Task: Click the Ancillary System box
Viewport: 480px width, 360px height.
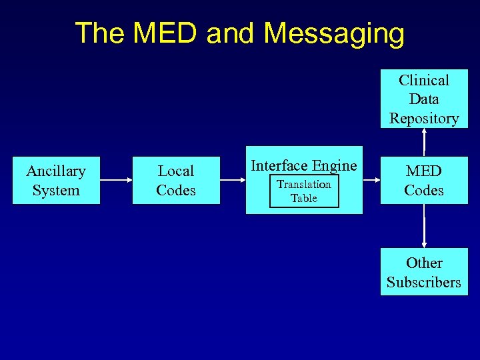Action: click(x=56, y=181)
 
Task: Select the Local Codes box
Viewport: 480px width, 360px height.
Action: click(x=176, y=181)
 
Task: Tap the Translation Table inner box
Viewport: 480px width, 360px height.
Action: click(x=304, y=191)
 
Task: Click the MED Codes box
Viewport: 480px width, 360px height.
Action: click(x=424, y=181)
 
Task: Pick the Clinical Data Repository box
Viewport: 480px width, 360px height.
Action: click(x=424, y=99)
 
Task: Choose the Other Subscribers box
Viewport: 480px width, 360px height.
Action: click(x=424, y=272)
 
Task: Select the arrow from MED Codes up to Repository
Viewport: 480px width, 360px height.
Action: click(x=424, y=142)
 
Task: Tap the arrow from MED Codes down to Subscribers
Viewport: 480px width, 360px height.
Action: click(x=424, y=226)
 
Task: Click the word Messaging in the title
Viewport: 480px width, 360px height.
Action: click(x=334, y=33)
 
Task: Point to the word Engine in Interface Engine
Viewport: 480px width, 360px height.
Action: click(x=335, y=166)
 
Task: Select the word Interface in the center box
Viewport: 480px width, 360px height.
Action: click(x=279, y=166)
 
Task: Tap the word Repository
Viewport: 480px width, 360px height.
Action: click(x=424, y=119)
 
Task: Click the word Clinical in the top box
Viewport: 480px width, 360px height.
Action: click(x=424, y=80)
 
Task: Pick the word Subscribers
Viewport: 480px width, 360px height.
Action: click(x=424, y=282)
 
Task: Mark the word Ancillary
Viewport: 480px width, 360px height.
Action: click(x=56, y=171)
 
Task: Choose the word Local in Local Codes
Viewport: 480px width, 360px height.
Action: click(x=176, y=171)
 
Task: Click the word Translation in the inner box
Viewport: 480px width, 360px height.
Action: click(x=304, y=185)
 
